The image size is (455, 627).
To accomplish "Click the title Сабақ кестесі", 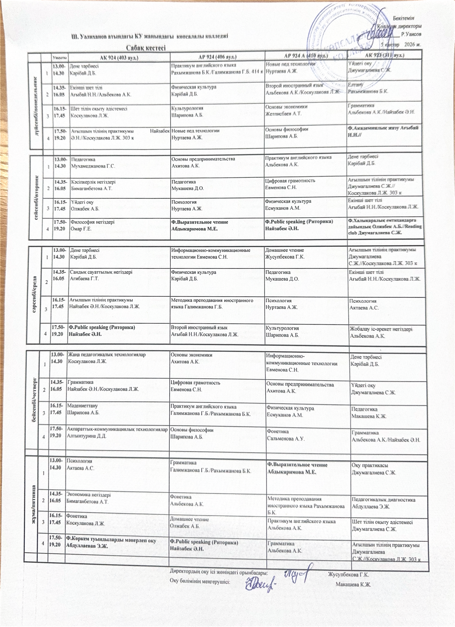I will [x=146, y=48].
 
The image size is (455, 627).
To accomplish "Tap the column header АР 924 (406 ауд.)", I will [x=217, y=57].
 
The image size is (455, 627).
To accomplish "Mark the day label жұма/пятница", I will [x=34, y=499].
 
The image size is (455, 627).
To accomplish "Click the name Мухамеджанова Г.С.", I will [x=93, y=166].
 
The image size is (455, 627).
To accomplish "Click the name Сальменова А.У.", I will [x=286, y=438].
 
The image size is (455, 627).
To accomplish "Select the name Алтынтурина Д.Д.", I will [x=86, y=436].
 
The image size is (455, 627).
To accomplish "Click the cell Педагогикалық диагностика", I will [x=383, y=500].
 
